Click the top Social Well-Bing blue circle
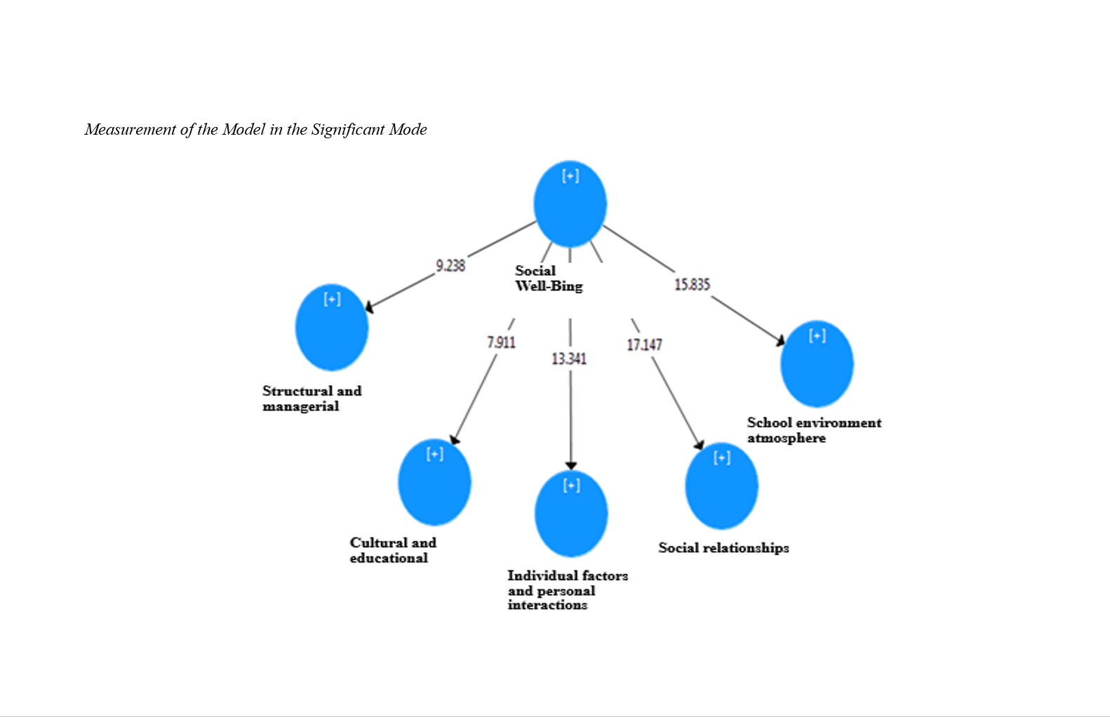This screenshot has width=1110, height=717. [x=570, y=204]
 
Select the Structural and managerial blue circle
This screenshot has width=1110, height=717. [x=332, y=328]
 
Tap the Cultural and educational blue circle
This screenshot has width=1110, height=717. [x=434, y=483]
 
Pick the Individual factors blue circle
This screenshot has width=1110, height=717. [x=571, y=514]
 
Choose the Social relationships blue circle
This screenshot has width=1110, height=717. [x=721, y=486]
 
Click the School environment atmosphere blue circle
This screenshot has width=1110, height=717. [x=817, y=364]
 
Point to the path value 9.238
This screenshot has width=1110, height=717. [x=450, y=265]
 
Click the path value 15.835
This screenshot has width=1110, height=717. [x=692, y=284]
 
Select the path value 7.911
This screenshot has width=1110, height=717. [x=501, y=342]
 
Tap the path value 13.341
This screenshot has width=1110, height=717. [x=569, y=359]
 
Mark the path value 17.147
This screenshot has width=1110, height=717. [x=644, y=344]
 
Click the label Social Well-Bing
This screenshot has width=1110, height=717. [x=548, y=279]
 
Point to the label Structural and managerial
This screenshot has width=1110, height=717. [x=312, y=398]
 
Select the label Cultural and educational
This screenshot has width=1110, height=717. [x=393, y=550]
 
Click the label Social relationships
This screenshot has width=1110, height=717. [x=723, y=548]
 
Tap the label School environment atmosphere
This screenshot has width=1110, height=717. [x=814, y=430]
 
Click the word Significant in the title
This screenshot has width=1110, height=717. [x=348, y=129]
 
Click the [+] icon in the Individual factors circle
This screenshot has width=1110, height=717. [x=571, y=485]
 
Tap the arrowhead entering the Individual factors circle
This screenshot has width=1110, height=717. [x=571, y=466]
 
